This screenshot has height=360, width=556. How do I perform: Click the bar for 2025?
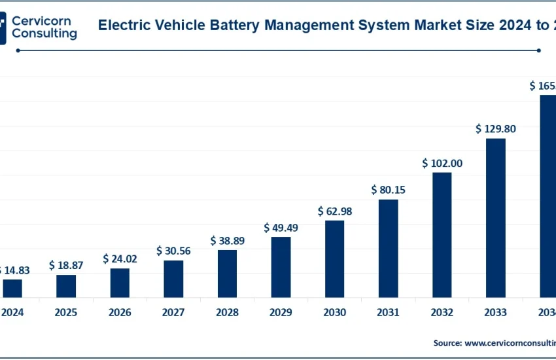coord(66,286)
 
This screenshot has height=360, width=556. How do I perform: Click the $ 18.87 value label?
coord(66,265)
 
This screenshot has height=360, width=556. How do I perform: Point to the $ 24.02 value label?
coord(120,259)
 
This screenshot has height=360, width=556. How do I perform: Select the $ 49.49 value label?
coord(281,228)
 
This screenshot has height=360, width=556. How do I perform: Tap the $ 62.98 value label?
coord(335,211)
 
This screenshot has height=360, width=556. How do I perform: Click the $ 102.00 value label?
coord(442,163)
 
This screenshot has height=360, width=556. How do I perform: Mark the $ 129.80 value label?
coord(496,129)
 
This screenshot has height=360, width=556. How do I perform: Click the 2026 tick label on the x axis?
coord(120,313)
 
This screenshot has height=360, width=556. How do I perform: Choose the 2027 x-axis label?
coord(173,313)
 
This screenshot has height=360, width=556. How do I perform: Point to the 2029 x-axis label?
coord(281,313)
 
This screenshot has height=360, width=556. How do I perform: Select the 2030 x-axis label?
coord(335,313)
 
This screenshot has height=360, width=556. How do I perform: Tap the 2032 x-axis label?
coord(442,313)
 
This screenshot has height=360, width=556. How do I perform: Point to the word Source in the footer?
coord(446,342)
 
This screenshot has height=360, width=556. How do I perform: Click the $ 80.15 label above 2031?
coord(389,190)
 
